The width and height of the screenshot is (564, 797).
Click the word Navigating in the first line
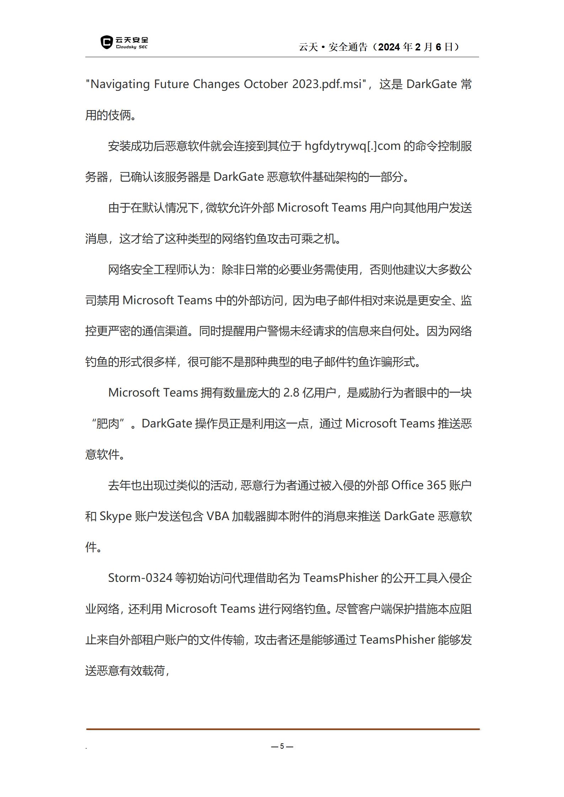pos(120,84)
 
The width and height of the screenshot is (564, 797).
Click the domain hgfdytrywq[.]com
pos(353,146)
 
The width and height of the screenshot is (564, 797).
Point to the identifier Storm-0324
pos(140,578)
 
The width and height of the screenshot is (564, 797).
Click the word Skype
pos(116,516)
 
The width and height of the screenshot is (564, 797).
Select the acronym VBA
pos(217,516)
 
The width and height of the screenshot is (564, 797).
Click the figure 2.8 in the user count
pos(291,393)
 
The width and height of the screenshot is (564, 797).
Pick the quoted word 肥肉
pos(108,424)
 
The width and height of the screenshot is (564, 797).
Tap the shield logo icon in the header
pos(106,42)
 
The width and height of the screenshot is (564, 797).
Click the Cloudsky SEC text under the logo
pos(131,47)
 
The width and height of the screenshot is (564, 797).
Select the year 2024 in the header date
pos(390,47)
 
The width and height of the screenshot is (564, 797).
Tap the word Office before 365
pos(407,485)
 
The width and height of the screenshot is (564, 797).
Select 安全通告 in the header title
pos(348,47)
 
